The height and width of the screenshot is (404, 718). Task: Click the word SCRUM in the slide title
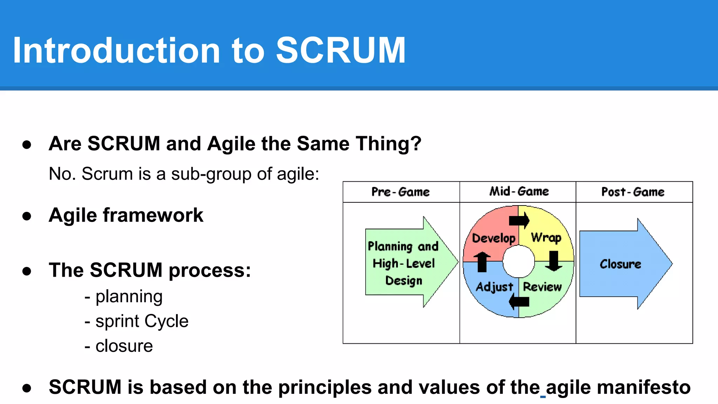pyautogui.click(x=341, y=51)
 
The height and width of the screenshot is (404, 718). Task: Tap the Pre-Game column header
pyautogui.click(x=400, y=192)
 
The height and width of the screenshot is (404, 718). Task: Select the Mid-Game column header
pyautogui.click(x=519, y=191)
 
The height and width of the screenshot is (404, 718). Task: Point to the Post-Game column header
pyautogui.click(x=633, y=192)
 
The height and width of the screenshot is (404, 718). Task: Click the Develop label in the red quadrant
pyautogui.click(x=494, y=238)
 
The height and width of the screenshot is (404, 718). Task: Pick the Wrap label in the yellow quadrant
pyautogui.click(x=546, y=238)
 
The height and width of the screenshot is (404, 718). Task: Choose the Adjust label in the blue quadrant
pyautogui.click(x=494, y=287)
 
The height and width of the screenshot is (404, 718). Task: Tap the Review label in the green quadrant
pyautogui.click(x=542, y=287)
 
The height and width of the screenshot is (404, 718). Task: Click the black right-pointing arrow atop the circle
pyautogui.click(x=519, y=221)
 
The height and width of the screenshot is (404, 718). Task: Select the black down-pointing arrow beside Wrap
pyautogui.click(x=554, y=261)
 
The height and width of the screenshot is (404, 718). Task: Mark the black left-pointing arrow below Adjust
pyautogui.click(x=519, y=301)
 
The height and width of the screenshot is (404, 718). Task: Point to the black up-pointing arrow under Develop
pyautogui.click(x=482, y=262)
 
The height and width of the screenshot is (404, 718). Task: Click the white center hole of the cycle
pyautogui.click(x=519, y=261)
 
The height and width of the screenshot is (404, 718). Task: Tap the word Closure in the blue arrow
pyautogui.click(x=620, y=264)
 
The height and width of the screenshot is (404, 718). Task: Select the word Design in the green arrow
pyautogui.click(x=404, y=281)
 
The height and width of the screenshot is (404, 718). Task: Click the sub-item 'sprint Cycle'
pyautogui.click(x=142, y=321)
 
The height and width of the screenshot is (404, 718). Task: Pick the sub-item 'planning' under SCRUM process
pyautogui.click(x=129, y=296)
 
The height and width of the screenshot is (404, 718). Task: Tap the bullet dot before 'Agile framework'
pyautogui.click(x=27, y=216)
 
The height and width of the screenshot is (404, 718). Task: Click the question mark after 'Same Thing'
pyautogui.click(x=416, y=144)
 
